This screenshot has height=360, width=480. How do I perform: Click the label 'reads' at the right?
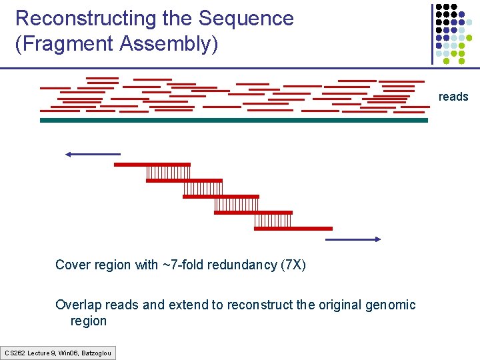click(x=453, y=97)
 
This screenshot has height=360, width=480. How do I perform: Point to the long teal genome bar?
click(x=233, y=121)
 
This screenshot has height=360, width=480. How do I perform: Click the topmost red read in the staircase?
click(x=152, y=164)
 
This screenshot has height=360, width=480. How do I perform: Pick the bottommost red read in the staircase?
click(x=293, y=228)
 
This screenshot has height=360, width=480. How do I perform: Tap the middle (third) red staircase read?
click(x=221, y=197)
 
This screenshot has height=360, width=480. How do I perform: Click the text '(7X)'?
click(x=293, y=265)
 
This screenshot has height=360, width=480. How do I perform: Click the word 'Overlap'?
click(x=77, y=305)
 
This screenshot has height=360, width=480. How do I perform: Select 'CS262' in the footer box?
click(x=14, y=352)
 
